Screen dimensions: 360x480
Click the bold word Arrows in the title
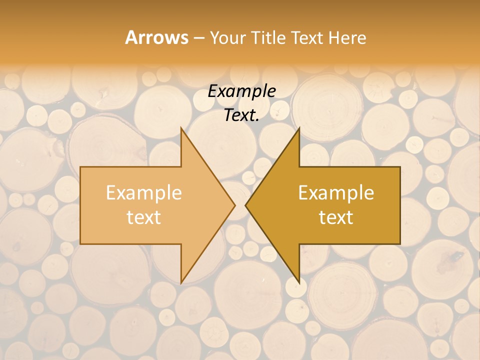(x=156, y=37)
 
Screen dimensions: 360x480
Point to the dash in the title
(x=198, y=38)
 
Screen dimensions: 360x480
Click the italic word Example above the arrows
(x=241, y=91)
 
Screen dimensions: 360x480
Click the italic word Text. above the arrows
(x=241, y=115)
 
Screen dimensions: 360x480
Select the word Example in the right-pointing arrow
(x=144, y=193)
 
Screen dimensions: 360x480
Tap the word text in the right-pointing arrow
(x=144, y=217)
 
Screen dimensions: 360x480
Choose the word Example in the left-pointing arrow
(x=336, y=193)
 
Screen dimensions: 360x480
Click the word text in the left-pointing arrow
(x=336, y=217)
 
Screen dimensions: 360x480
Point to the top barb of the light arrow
(x=182, y=130)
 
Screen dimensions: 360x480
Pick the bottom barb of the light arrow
(x=182, y=280)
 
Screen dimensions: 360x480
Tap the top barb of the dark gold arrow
(x=298, y=130)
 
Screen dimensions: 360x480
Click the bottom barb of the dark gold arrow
(x=298, y=280)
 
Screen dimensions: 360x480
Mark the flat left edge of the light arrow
(x=81, y=205)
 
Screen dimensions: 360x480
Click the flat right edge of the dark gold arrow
(x=399, y=205)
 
